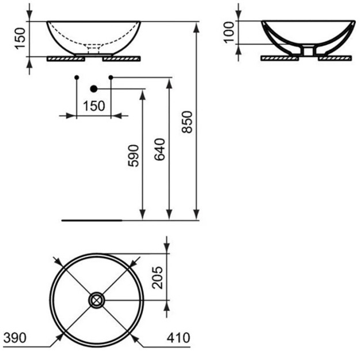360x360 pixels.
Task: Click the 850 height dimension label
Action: pyautogui.click(x=187, y=122)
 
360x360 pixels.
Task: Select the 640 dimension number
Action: pyautogui.click(x=160, y=149)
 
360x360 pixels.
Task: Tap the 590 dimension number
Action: pyautogui.click(x=134, y=156)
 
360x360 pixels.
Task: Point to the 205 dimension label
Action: pyautogui.click(x=157, y=278)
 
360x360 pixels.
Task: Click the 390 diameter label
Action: pyautogui.click(x=15, y=338)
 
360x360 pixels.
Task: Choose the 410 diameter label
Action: pyautogui.click(x=179, y=338)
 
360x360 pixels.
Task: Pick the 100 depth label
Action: pyautogui.click(x=229, y=32)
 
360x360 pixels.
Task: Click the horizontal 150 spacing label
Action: pyautogui.click(x=94, y=106)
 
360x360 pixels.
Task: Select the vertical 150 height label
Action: pyautogui.click(x=20, y=39)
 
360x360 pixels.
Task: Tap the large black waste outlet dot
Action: pyautogui.click(x=94, y=89)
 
